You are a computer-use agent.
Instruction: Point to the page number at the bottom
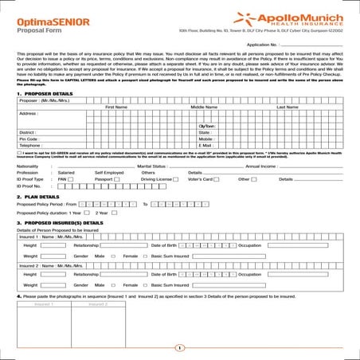tap(180, 347)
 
